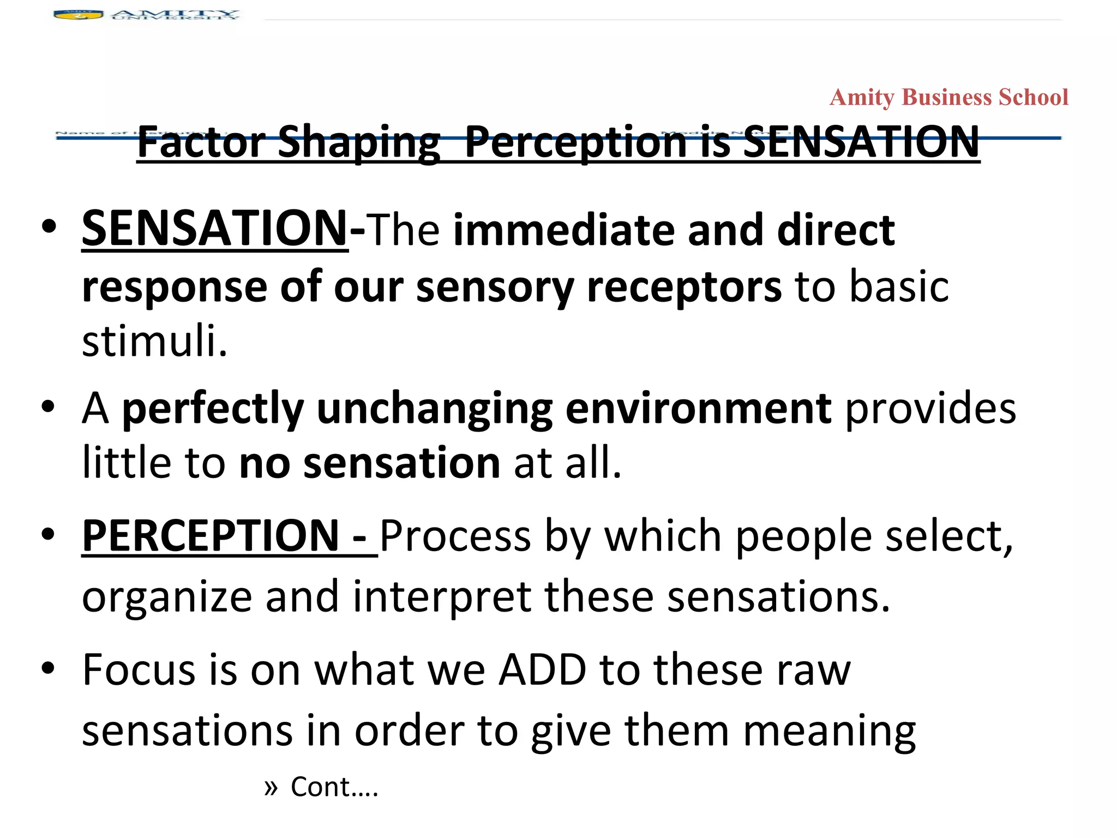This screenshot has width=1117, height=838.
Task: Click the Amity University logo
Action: coord(146,15)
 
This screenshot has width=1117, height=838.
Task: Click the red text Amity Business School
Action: coord(948,98)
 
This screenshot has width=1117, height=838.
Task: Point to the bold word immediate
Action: coord(564,230)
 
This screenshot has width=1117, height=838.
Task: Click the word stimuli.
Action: coord(154,341)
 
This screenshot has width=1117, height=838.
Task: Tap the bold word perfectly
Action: coord(213,409)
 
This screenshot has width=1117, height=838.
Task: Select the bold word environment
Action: coord(699,409)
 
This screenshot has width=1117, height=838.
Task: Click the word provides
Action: coord(930,409)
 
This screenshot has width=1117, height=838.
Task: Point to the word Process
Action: coord(455,537)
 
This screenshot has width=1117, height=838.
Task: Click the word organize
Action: coord(167,597)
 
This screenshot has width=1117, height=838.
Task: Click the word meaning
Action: coord(829,731)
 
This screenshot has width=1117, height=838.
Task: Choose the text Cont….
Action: coord(334,787)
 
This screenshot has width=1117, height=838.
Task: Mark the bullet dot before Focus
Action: coord(48,668)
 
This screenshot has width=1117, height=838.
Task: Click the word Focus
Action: coord(139,670)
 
